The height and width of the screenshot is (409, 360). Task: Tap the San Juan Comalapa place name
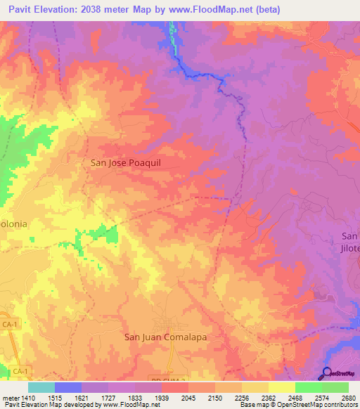pos(167,337)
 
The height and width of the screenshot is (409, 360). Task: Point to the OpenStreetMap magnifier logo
pos(326,373)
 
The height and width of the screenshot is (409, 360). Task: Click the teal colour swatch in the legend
pos(41,387)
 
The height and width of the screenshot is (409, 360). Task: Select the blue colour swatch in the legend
pos(68,387)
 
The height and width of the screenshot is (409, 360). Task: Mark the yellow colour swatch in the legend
pos(281,387)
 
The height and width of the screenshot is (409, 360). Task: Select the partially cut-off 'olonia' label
pos(13,224)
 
